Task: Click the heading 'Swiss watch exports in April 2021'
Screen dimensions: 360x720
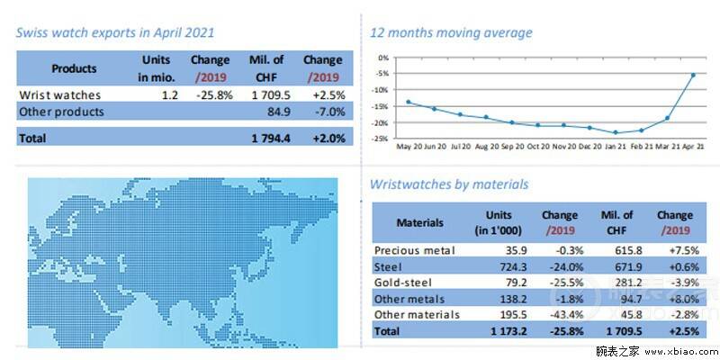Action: coord(114,32)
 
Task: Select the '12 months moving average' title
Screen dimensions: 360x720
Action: coord(451,32)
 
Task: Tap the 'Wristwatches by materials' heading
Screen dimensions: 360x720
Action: coord(449,184)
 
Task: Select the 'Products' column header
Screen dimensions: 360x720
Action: coord(74,68)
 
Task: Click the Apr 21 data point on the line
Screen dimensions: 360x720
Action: coord(692,75)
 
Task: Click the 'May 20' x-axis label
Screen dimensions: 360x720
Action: coord(409,146)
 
